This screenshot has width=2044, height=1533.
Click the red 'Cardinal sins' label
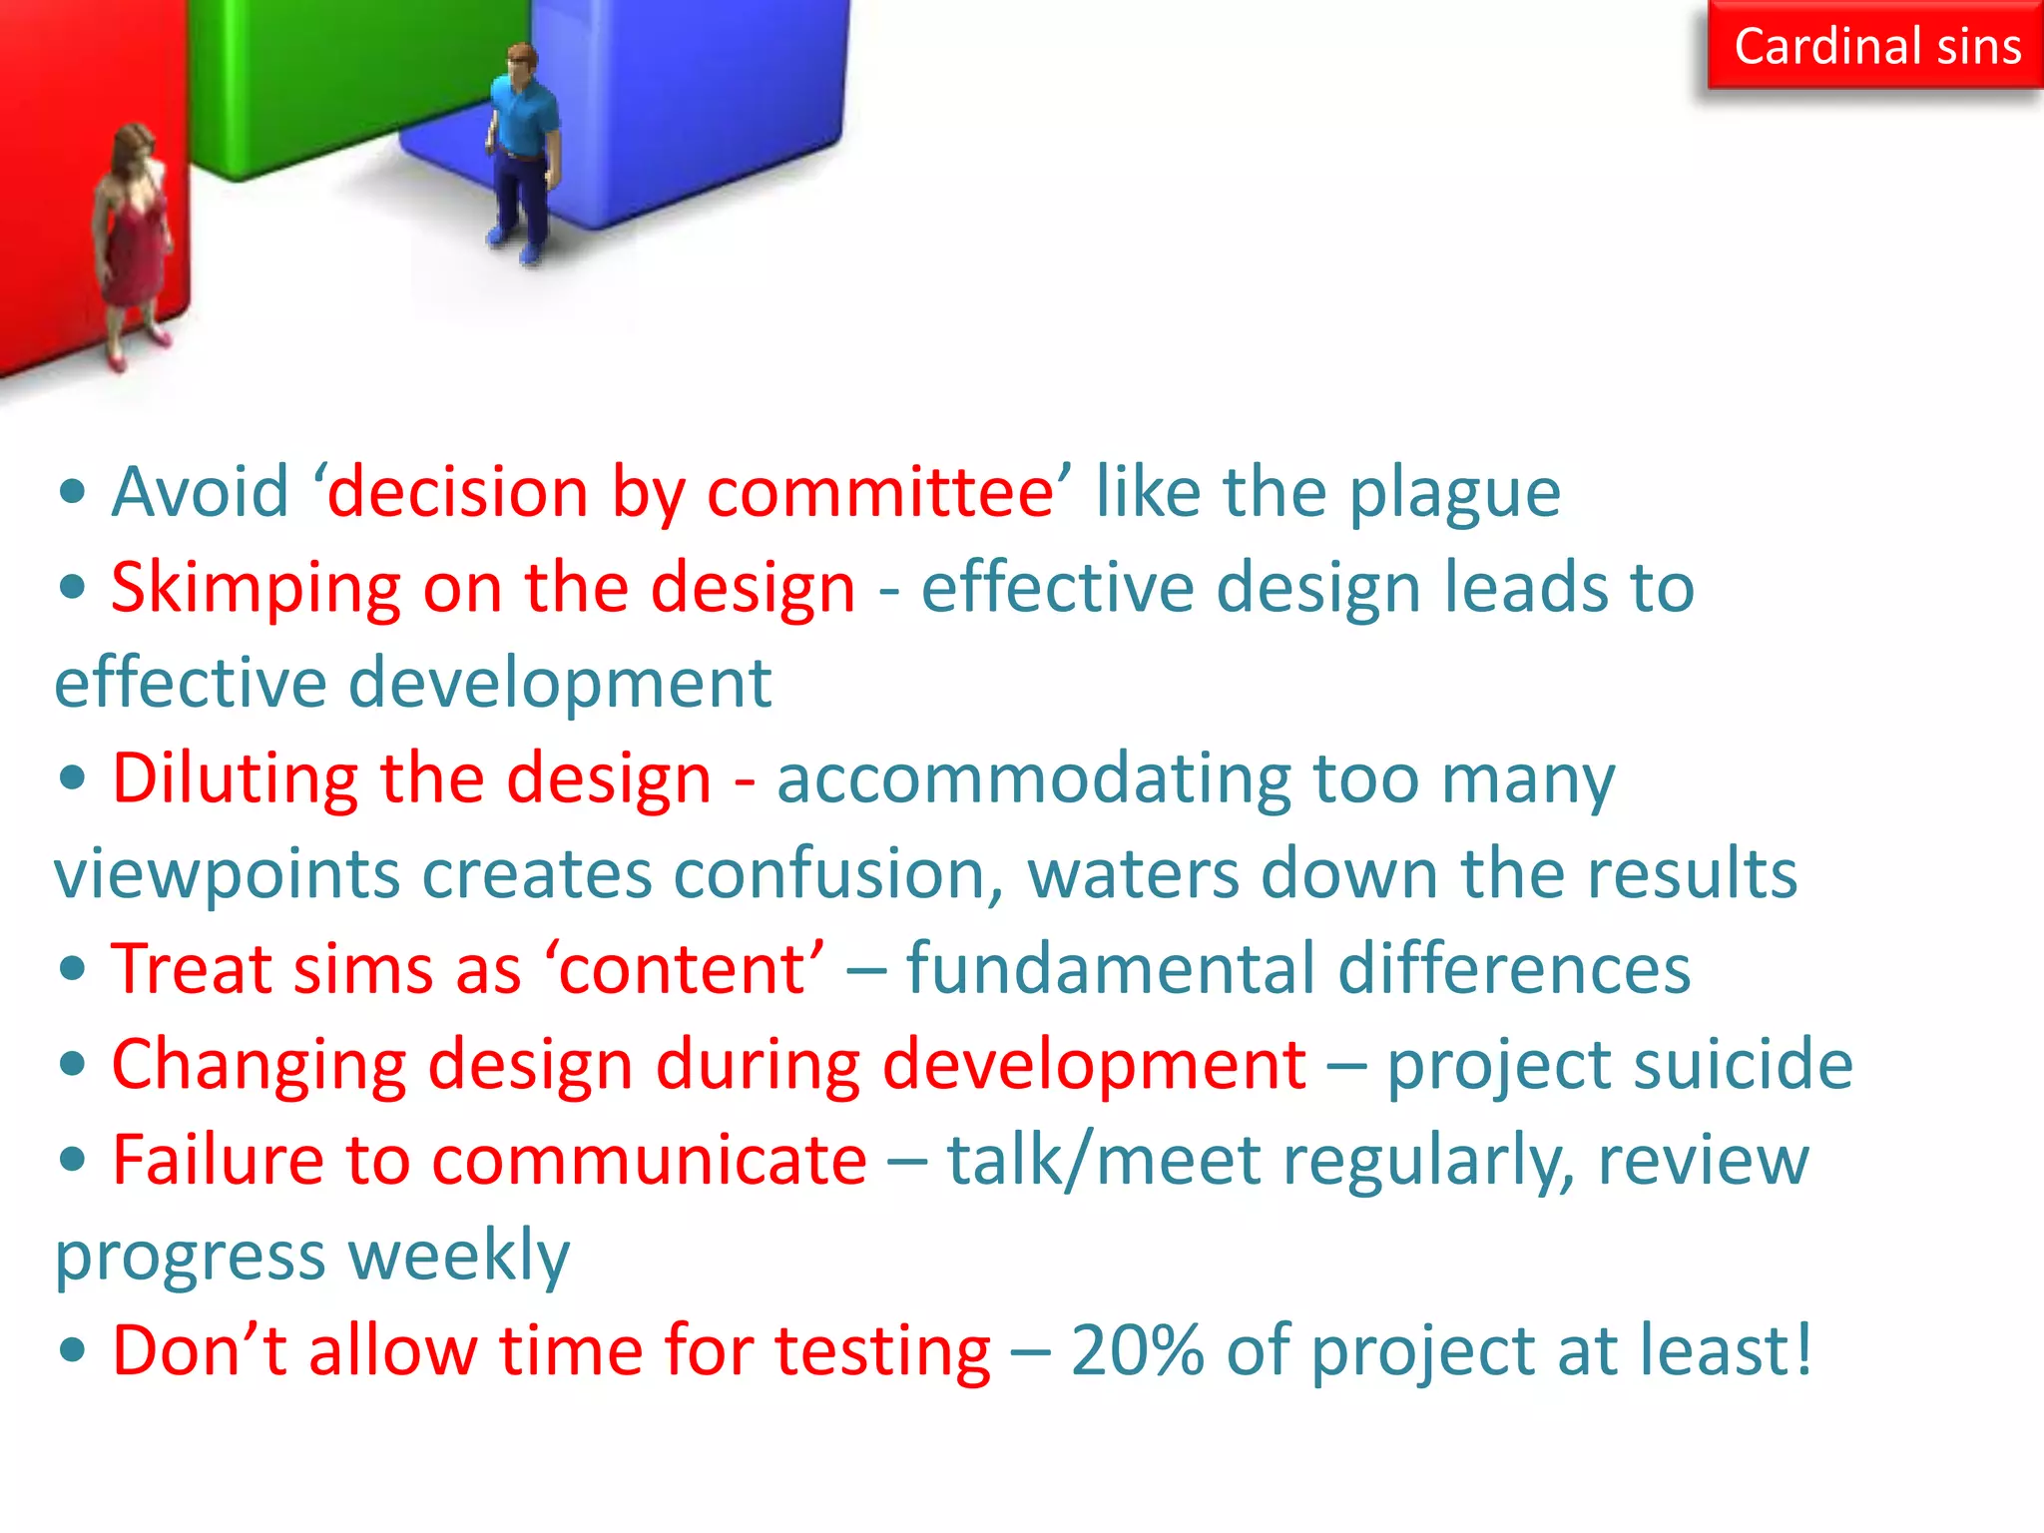coord(1876,47)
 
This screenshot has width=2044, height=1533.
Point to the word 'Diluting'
coord(235,778)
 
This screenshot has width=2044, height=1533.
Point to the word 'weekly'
coord(460,1256)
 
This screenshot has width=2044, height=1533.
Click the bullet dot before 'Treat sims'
coord(72,969)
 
